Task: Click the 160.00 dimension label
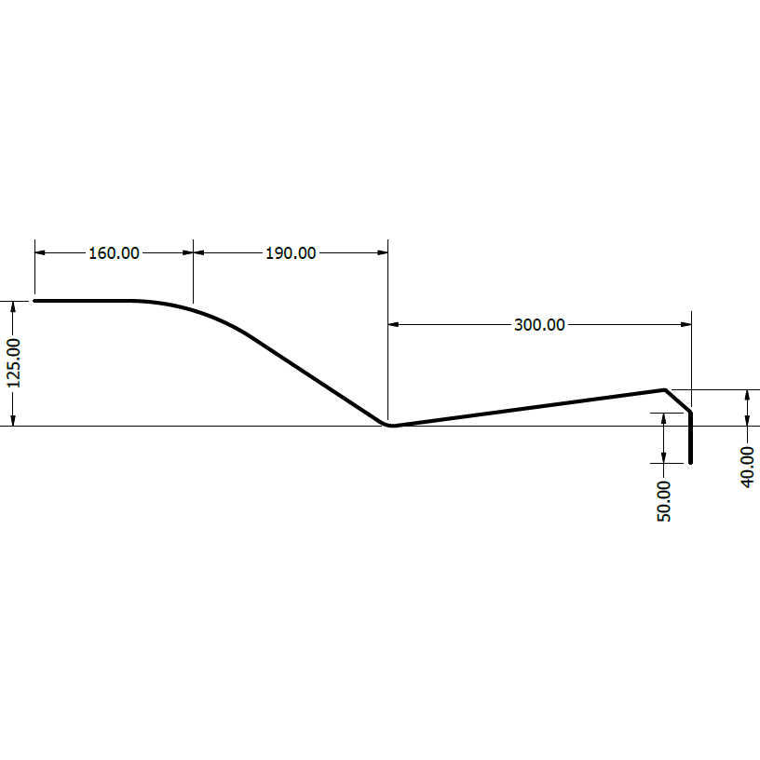click(x=114, y=252)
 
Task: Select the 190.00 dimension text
click(x=291, y=252)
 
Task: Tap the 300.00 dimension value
click(x=539, y=324)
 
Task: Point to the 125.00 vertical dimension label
click(x=13, y=363)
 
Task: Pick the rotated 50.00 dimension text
click(x=664, y=501)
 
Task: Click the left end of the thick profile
click(x=35, y=301)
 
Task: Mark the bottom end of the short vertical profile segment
click(x=691, y=460)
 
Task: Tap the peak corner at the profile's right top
click(x=664, y=389)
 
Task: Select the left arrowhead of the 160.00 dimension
click(x=40, y=251)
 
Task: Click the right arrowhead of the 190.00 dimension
click(x=382, y=251)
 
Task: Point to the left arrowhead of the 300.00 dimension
click(x=393, y=324)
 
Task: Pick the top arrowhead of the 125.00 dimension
click(x=13, y=306)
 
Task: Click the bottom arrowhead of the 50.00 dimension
click(x=664, y=456)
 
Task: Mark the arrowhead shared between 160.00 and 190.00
click(x=193, y=251)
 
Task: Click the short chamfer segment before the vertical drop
click(x=678, y=400)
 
